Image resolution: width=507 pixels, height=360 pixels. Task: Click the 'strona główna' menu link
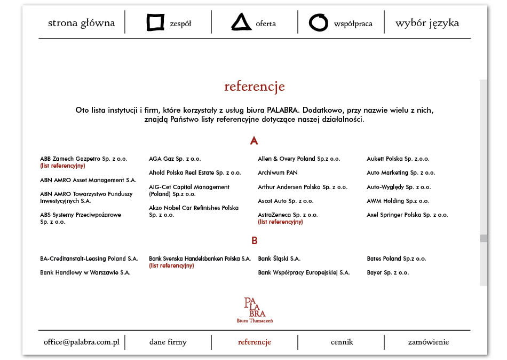point(81,23)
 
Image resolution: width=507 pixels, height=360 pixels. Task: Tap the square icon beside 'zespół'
point(155,22)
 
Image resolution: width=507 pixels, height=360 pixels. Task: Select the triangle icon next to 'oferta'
point(241,22)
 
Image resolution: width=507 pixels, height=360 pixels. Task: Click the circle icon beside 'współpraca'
point(318,22)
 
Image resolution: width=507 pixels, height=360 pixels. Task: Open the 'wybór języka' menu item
point(427,23)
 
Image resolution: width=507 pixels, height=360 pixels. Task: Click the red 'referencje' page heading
point(254,87)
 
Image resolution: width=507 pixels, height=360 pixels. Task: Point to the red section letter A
point(254,141)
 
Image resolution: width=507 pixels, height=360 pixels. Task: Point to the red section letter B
point(254,241)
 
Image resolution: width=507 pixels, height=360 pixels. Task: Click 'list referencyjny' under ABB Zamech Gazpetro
point(62,166)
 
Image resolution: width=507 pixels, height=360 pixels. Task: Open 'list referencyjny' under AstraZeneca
point(280,222)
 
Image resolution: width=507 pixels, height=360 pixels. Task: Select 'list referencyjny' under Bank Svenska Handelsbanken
point(171,265)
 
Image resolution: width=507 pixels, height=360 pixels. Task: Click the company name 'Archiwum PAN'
point(278,173)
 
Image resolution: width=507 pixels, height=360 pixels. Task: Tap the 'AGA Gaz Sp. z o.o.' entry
point(175,159)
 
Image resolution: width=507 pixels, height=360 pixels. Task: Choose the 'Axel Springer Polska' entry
point(407,215)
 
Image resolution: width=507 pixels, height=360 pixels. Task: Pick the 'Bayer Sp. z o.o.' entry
point(387,272)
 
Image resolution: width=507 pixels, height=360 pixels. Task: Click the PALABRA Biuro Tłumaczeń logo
point(255,310)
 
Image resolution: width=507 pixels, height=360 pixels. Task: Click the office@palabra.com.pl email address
point(81,342)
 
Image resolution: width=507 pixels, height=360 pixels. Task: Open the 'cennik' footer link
point(341,342)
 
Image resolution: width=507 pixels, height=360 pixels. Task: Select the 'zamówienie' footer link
point(428,342)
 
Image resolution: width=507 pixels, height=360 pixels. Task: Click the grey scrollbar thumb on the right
point(484,238)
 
